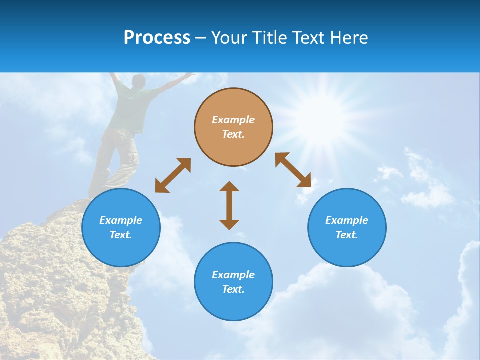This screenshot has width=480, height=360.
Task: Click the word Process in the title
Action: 157,38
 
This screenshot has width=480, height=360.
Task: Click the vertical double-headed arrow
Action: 229,205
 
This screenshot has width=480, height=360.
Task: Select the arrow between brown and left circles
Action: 173,175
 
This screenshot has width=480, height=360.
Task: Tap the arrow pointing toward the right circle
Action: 293,170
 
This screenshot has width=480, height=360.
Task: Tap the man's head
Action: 139,81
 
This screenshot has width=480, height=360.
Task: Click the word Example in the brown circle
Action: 233,120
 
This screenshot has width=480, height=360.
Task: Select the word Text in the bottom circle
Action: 232,289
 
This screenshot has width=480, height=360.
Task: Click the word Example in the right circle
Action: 347,220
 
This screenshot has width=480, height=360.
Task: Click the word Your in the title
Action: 230,38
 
